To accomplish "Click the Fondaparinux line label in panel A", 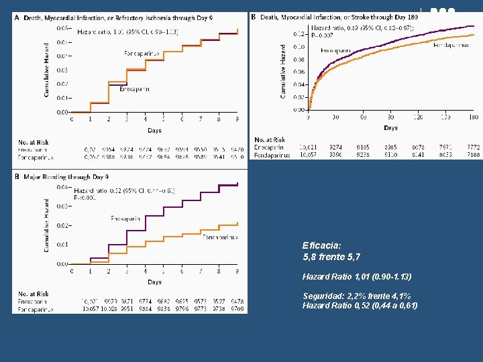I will (142, 53).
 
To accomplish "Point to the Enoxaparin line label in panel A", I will (134, 89).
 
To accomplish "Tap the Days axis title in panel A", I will (154, 130).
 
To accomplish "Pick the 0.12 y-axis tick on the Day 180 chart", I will (299, 34).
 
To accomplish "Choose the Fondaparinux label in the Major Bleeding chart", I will (220, 237).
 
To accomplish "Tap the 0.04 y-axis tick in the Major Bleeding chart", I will (62, 187).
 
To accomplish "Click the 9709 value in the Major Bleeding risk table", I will (236, 309).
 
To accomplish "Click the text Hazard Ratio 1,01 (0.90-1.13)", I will (357, 276).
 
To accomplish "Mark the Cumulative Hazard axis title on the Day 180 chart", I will (284, 71).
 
